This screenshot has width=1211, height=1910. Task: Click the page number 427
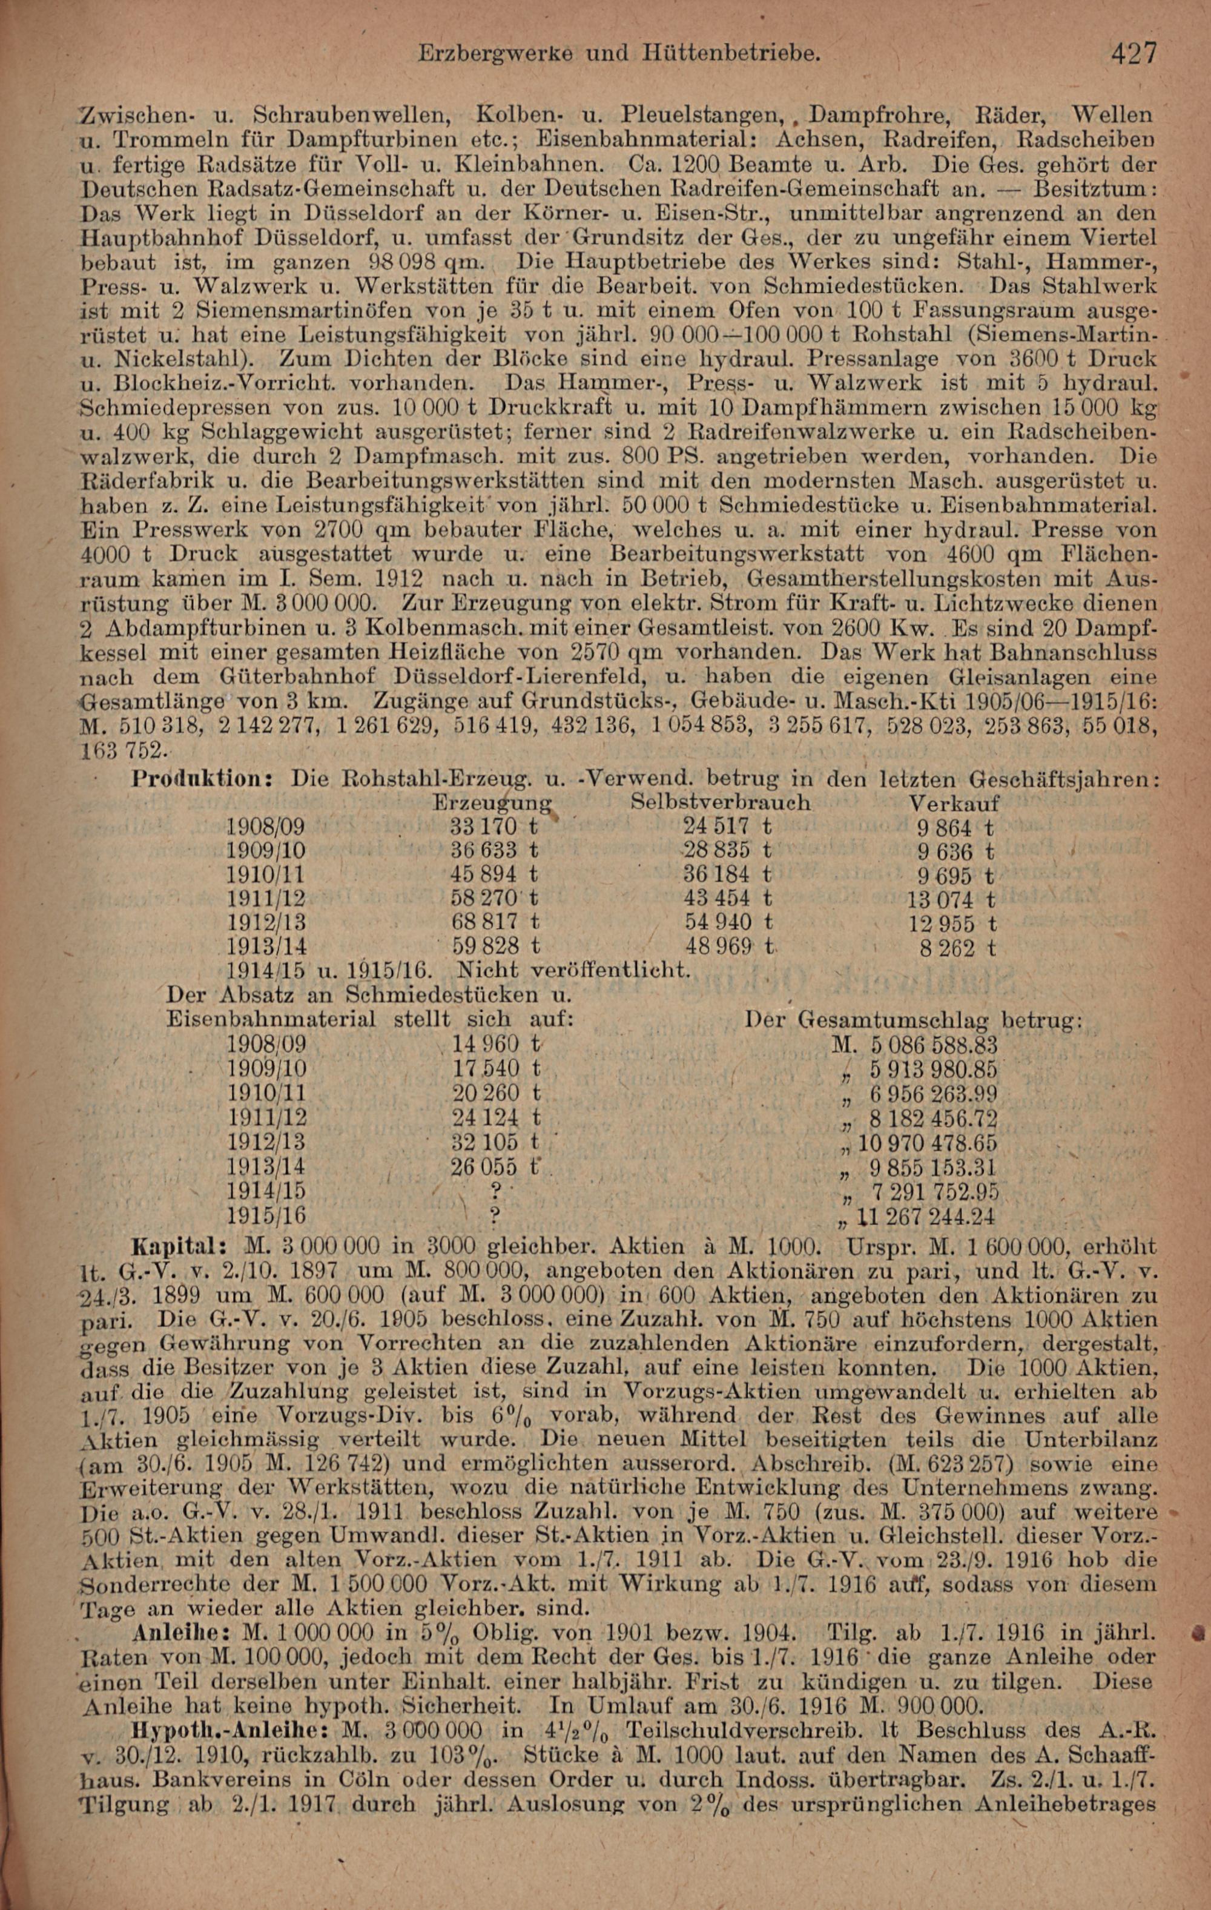coord(1134,53)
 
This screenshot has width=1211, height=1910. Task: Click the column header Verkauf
coord(954,803)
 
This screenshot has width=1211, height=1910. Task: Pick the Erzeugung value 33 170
coord(484,827)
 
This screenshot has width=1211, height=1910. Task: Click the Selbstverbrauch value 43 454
coord(718,899)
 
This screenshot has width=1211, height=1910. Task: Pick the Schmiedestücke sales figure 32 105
coord(486,1142)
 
